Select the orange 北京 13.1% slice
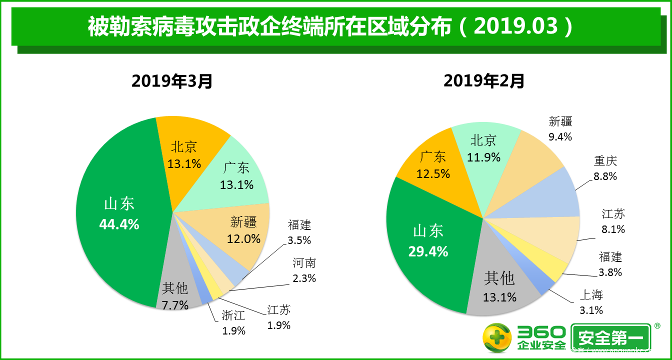point(185,155)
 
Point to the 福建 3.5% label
point(299,232)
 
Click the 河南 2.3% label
point(304,270)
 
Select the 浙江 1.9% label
point(233,322)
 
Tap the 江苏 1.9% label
point(279,317)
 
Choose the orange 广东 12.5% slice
point(433,165)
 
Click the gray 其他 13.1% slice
point(499,287)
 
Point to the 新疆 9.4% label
point(560,128)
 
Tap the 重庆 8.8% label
point(605,168)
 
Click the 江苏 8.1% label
point(613,221)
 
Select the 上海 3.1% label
point(591,302)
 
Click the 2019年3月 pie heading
point(172,81)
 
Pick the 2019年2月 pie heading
point(484,80)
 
